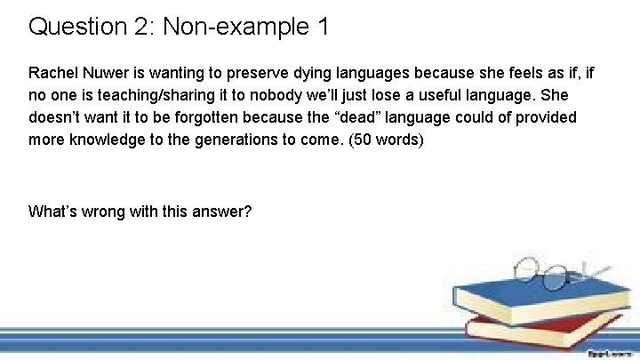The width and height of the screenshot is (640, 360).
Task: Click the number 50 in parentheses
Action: (x=369, y=140)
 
